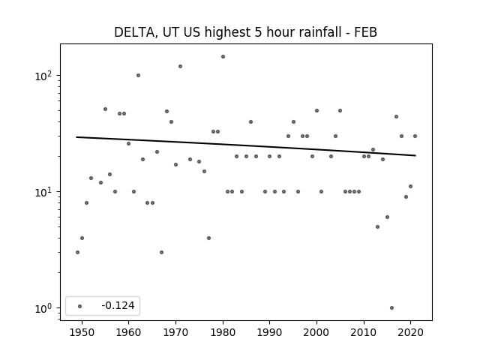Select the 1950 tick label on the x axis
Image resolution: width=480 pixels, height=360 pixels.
(82, 332)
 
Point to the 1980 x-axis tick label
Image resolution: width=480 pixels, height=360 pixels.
(223, 332)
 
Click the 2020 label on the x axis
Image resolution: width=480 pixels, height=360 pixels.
(410, 332)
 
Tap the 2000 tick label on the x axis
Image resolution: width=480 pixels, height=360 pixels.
(316, 332)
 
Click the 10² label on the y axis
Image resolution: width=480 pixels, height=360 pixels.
(43, 76)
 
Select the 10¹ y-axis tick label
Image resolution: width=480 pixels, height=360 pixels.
(43, 192)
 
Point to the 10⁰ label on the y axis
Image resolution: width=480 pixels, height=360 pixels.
(43, 308)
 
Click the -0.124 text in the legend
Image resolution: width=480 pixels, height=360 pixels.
(118, 305)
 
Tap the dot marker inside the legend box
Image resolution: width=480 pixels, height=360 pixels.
(80, 306)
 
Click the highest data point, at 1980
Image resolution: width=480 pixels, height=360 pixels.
(223, 57)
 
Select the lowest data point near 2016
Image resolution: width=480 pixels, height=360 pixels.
(391, 308)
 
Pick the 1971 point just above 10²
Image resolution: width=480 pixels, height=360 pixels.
(180, 67)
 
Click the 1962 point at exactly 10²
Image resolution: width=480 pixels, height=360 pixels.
(138, 75)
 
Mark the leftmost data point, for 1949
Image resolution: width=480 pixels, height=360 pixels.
(77, 252)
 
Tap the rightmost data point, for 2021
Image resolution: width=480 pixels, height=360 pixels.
(415, 136)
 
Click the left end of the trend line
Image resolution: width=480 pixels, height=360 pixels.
(76, 137)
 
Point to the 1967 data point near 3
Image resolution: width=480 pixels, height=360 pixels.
(162, 252)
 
